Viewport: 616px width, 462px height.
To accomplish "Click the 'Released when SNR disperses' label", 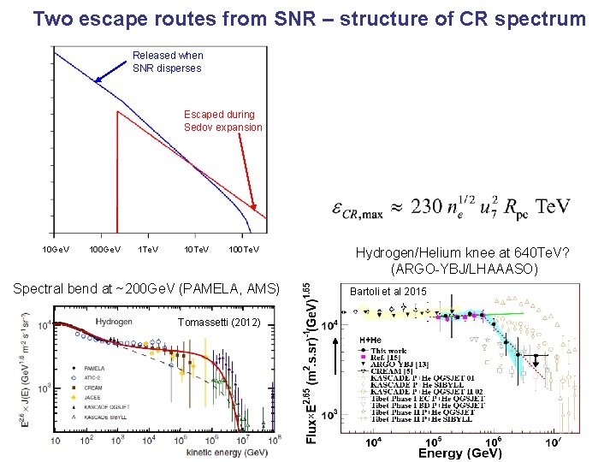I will tap(168, 62).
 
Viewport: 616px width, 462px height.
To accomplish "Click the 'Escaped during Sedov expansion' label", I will tap(223, 121).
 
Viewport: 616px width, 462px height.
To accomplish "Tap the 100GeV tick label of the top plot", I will tap(105, 249).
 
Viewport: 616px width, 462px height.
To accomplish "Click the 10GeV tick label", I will tap(57, 249).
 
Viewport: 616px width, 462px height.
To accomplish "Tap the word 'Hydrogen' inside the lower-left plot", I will tap(114, 322).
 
